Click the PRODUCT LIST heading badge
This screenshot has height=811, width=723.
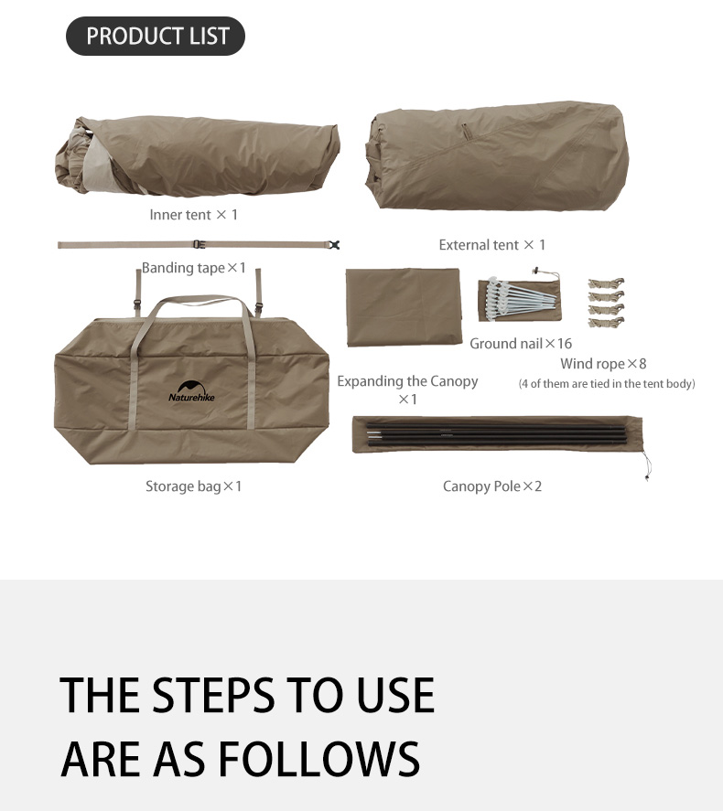coord(156,36)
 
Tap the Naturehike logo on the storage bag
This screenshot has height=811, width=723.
coord(191,391)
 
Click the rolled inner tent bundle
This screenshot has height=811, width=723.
coord(197,156)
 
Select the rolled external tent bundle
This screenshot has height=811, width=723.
coord(496,155)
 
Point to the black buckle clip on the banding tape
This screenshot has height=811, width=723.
coord(334,245)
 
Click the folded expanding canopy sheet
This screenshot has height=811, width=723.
coord(404,306)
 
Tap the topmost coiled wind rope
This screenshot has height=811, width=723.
coord(606,283)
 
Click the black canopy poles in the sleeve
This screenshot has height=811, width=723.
coord(497,434)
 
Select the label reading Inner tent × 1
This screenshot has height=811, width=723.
coord(193,215)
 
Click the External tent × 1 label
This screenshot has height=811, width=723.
coord(492,245)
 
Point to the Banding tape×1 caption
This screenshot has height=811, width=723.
coord(193,268)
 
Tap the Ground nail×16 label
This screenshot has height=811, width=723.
coord(521,344)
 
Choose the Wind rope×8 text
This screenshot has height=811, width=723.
coord(603,364)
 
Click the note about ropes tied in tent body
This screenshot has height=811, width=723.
coord(607,384)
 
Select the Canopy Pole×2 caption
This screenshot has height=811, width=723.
coord(492,486)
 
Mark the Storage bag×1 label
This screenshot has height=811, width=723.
coord(193,486)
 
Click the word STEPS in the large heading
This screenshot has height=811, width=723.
coord(214,695)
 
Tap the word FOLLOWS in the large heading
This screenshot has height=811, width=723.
coord(318,759)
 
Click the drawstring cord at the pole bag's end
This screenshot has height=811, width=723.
coord(646,465)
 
